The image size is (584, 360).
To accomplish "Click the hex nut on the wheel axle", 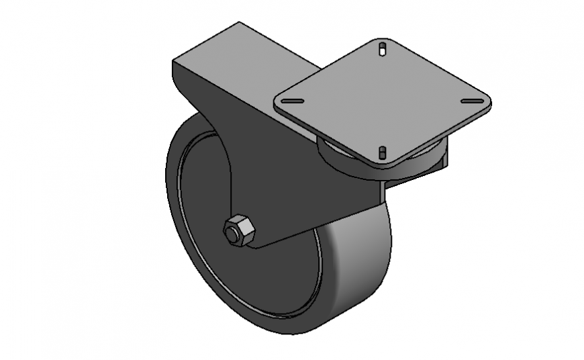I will tap(239, 231).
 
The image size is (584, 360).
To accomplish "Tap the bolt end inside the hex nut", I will tap(234, 234).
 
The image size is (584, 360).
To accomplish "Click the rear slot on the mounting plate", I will tap(382, 48).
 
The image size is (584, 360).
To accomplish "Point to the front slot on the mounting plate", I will tap(382, 153).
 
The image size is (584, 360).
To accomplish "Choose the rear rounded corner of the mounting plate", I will tap(383, 40).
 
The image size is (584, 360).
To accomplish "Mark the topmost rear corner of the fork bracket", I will tap(239, 24).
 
